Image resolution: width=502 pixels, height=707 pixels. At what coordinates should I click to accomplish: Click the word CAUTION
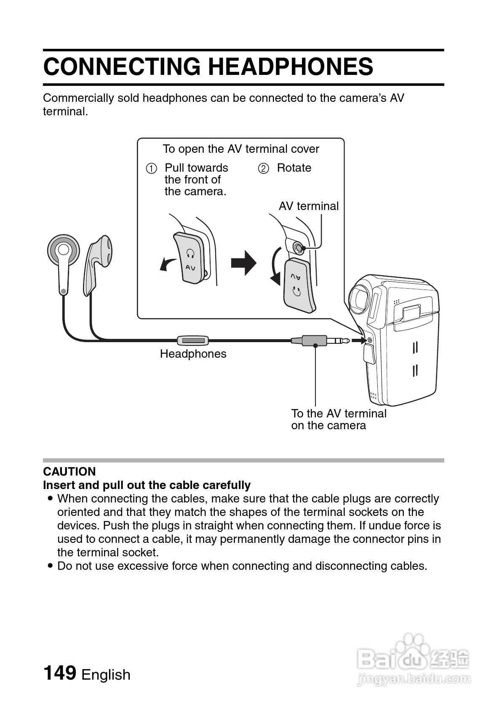pyautogui.click(x=69, y=471)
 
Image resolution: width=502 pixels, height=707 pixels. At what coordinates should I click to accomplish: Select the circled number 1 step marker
pyautogui.click(x=152, y=169)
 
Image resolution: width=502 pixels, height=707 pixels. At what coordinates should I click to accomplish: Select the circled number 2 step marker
pyautogui.click(x=263, y=169)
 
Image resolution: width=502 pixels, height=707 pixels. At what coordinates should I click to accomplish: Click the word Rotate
pyautogui.click(x=294, y=168)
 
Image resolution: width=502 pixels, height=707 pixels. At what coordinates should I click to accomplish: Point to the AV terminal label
pyautogui.click(x=309, y=206)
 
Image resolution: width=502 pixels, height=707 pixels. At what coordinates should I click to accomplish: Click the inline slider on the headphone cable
pyautogui.click(x=193, y=340)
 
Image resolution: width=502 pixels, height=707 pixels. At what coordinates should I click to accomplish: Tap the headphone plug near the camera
pyautogui.click(x=320, y=340)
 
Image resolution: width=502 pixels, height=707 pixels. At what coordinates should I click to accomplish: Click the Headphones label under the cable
pyautogui.click(x=193, y=354)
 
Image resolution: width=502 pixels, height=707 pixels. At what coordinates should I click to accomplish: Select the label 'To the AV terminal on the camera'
pyautogui.click(x=339, y=419)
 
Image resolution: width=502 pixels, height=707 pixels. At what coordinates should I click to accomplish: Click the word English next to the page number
pyautogui.click(x=106, y=675)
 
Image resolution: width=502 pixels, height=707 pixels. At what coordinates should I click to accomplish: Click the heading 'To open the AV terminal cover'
pyautogui.click(x=241, y=149)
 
